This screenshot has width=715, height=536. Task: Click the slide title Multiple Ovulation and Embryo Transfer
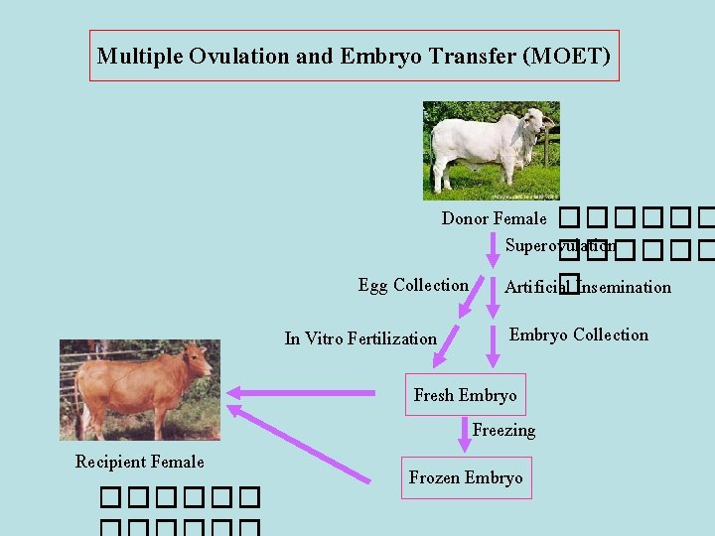click(354, 56)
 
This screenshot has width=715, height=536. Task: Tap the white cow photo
click(491, 151)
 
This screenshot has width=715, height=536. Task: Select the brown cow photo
click(139, 390)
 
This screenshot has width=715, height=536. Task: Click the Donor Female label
click(494, 218)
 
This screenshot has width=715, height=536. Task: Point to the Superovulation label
click(559, 245)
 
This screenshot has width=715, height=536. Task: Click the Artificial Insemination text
click(587, 288)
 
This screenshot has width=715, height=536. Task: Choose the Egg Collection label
click(413, 286)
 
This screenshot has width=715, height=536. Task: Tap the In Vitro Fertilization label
click(360, 338)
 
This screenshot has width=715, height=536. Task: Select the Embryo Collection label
click(578, 335)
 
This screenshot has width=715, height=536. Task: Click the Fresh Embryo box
click(465, 395)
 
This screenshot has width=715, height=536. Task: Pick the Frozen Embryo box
click(465, 477)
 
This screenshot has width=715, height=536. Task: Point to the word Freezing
click(503, 431)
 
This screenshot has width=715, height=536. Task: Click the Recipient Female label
click(139, 462)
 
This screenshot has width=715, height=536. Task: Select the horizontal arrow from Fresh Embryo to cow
click(308, 393)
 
